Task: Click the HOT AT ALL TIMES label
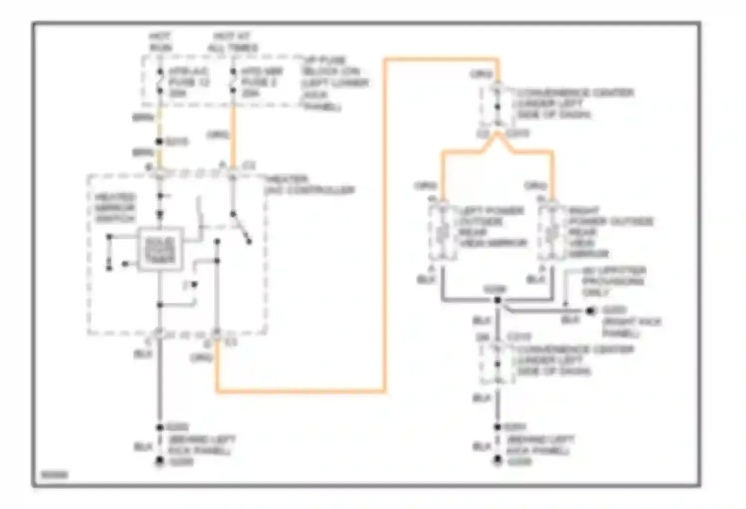232,42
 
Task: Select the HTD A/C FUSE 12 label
188,82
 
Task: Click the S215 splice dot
160,142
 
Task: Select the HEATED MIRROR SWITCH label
114,208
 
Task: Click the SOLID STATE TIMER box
160,250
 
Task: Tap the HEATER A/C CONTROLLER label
309,184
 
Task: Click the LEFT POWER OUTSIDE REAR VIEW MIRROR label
491,227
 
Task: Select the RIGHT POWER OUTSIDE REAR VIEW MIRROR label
609,232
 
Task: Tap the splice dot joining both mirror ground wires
497,300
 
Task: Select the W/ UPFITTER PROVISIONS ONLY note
614,281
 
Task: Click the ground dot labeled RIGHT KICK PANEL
590,311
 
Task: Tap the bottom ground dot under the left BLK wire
160,462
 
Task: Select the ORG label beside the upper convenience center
481,75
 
